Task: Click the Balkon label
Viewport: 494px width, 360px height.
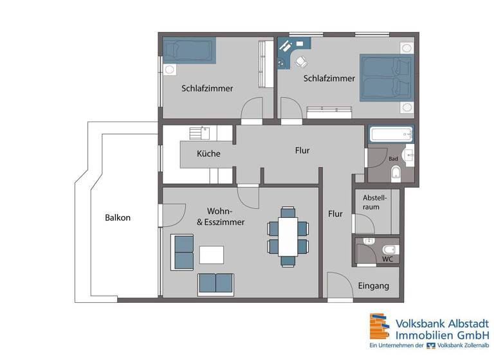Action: point(118,217)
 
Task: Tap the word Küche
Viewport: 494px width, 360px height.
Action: point(208,154)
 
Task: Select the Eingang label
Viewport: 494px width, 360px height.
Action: point(372,286)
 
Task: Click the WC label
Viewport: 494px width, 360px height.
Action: point(388,259)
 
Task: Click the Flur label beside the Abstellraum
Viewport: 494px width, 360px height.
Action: point(335,213)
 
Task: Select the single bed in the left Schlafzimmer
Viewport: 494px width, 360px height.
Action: point(188,50)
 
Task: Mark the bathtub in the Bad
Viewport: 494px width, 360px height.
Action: point(390,135)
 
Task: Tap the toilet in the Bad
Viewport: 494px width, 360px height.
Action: point(398,172)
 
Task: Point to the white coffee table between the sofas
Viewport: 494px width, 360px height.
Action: point(212,255)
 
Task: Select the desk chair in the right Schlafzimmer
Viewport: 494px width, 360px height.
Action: point(300,62)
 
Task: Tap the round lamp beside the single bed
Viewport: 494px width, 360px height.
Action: point(170,68)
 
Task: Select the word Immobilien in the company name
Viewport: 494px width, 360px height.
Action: point(426,335)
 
